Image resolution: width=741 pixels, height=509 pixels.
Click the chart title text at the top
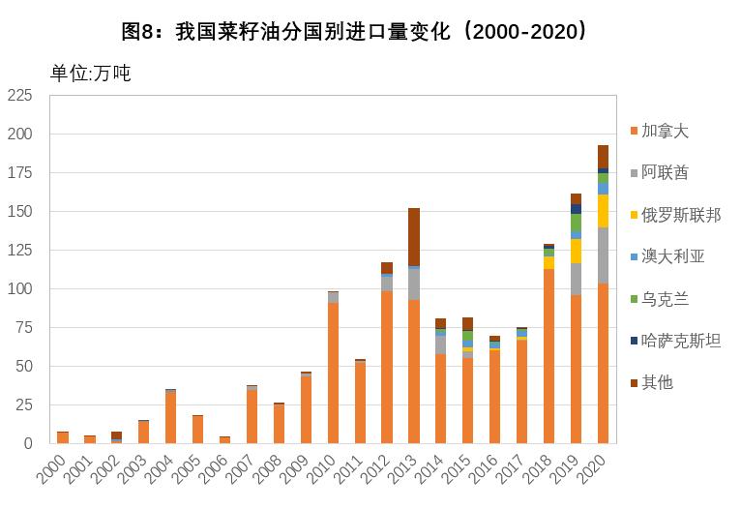point(354,32)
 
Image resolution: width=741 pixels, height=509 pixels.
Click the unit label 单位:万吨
point(90,74)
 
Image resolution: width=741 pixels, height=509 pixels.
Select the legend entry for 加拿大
point(665,131)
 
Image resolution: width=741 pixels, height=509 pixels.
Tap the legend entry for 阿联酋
point(665,172)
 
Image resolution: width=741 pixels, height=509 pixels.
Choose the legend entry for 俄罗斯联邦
point(680,215)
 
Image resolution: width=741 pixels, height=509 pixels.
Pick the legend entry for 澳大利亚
point(672,256)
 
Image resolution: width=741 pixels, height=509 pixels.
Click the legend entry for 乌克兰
point(665,299)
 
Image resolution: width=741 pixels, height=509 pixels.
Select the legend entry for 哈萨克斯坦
point(680,341)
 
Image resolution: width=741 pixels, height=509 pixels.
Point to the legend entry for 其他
point(657,382)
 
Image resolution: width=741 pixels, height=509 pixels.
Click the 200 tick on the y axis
point(20,134)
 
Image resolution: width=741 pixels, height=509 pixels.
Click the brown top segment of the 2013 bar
point(414,236)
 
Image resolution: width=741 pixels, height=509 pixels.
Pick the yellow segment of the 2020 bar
point(603,211)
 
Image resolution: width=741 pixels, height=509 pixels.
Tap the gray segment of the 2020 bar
point(603,255)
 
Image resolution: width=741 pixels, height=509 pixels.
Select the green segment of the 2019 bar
point(576,223)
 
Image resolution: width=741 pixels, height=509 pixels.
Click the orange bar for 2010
point(333,373)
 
